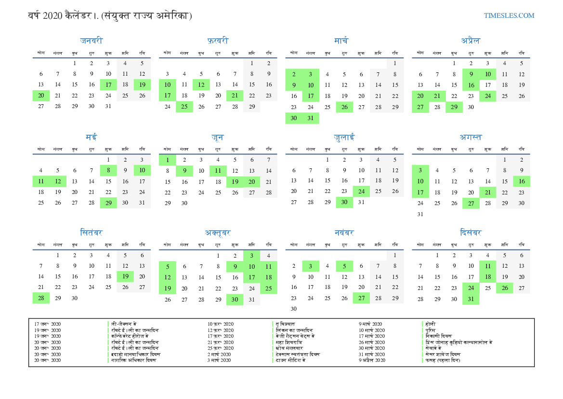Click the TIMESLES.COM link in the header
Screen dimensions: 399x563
click(509, 15)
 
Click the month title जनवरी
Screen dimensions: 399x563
click(92, 41)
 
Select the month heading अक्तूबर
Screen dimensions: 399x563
click(218, 233)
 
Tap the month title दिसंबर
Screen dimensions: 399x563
click(471, 233)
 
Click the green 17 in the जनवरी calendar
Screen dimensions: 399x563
click(108, 85)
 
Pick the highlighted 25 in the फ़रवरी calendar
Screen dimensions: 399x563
click(184, 107)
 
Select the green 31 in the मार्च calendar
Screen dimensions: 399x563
click(311, 118)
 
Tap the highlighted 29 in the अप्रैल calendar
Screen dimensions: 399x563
click(454, 107)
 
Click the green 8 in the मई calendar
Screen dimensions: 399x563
click(108, 170)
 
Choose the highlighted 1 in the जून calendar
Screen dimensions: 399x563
click(167, 160)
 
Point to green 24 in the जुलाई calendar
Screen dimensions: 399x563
click(361, 192)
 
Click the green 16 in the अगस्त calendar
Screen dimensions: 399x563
click(521, 181)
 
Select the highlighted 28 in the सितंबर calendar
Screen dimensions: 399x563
click(41, 298)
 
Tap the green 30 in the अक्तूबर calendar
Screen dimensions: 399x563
click(235, 300)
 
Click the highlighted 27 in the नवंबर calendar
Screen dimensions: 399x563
click(361, 298)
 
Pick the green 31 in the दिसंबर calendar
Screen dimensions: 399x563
click(471, 299)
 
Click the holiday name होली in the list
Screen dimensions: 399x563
click(430, 324)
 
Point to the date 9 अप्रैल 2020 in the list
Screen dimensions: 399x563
click(372, 360)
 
